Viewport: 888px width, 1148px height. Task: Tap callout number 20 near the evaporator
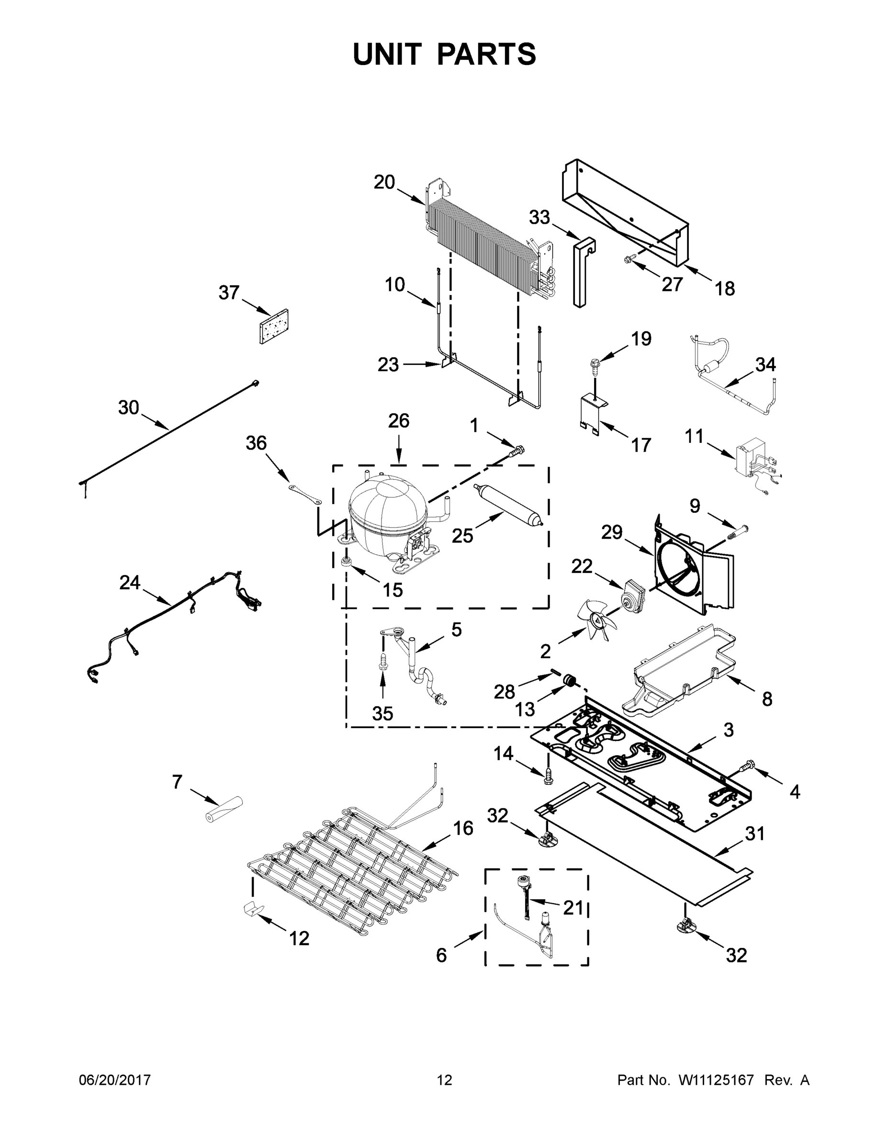point(384,182)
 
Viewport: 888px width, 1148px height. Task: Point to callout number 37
point(229,292)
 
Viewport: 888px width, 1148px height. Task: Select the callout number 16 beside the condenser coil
point(463,828)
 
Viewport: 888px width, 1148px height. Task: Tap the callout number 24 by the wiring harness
point(129,583)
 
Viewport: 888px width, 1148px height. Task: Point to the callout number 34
point(765,364)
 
